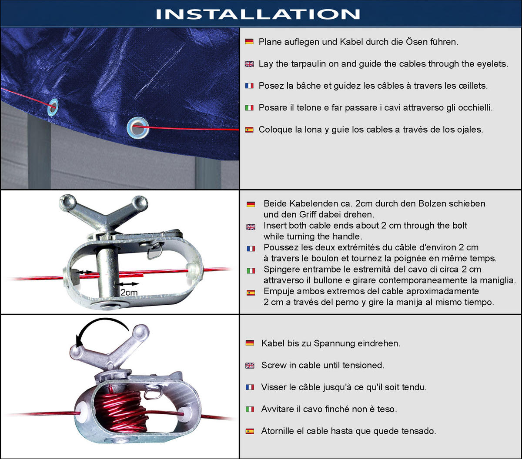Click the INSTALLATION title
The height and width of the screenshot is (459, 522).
258,14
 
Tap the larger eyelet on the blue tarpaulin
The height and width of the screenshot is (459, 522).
138,128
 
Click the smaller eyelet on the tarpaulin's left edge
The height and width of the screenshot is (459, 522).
53,107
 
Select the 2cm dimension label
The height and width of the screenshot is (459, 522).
129,293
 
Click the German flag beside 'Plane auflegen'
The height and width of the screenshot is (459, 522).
249,41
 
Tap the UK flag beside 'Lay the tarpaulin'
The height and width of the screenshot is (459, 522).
249,64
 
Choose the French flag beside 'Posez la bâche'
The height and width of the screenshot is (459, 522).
249,86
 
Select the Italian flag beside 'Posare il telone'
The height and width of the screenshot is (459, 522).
249,108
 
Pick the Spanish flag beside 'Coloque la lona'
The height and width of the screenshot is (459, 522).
249,130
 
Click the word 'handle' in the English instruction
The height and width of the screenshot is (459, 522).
347,236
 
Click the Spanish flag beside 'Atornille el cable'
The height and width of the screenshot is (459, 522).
250,431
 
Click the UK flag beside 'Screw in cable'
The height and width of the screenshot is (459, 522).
250,366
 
